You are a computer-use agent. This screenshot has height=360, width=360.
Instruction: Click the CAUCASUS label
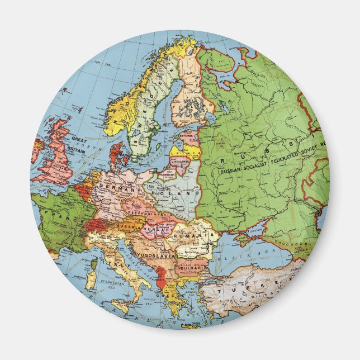pos(305,244)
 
